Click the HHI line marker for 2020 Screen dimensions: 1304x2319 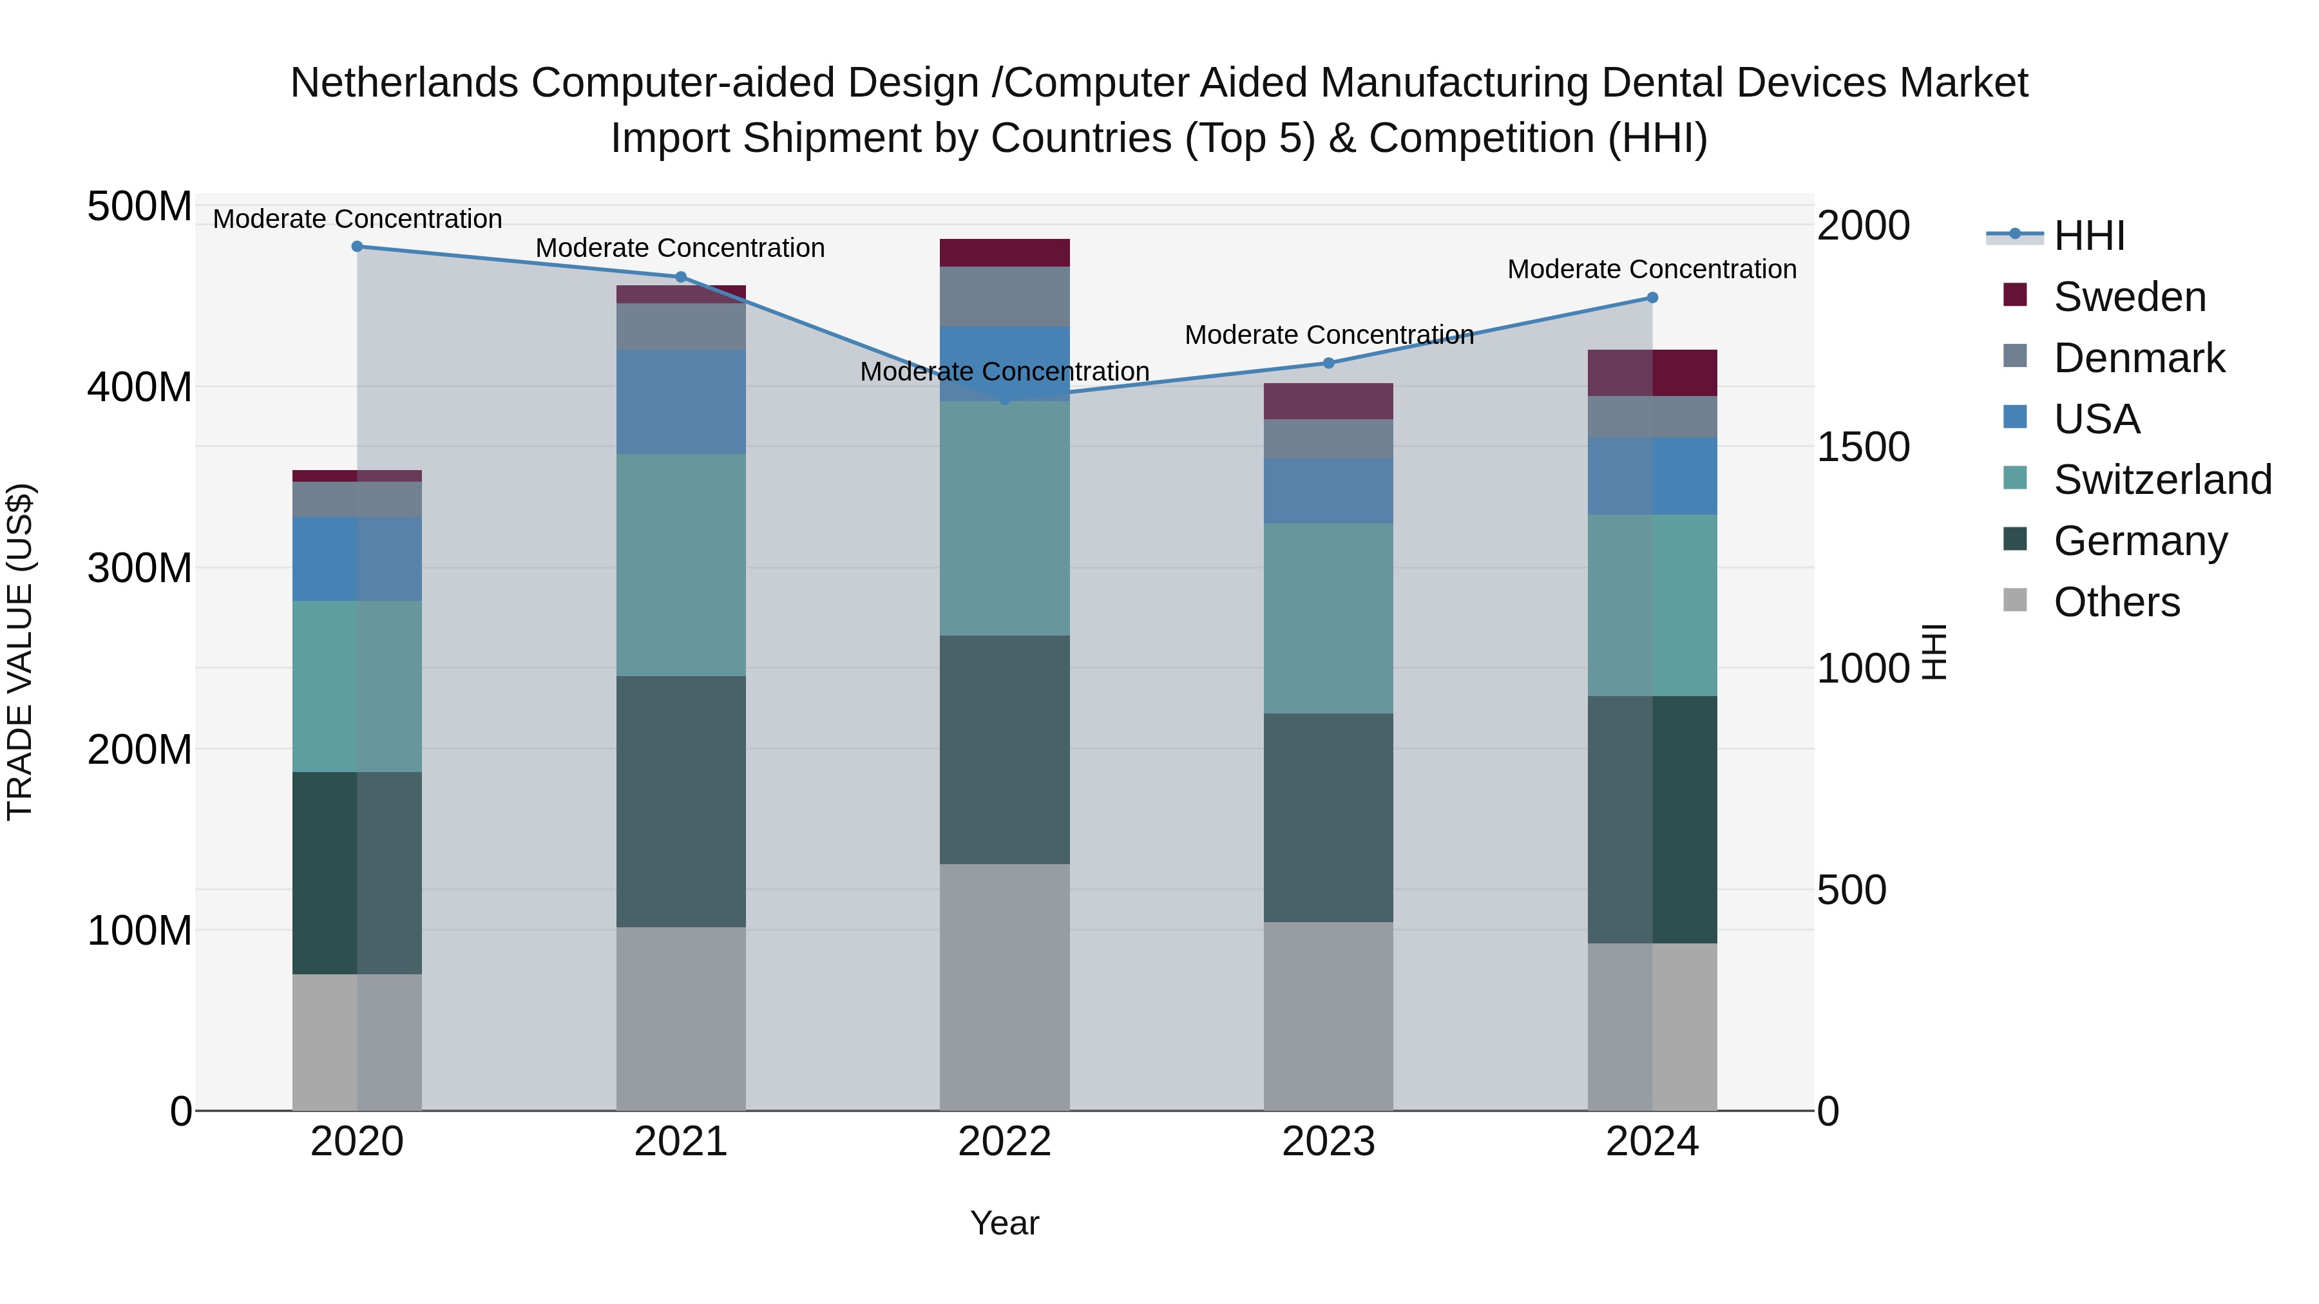tap(358, 246)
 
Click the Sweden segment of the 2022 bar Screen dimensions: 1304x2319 tap(1005, 253)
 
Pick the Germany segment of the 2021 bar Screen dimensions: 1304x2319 tap(681, 801)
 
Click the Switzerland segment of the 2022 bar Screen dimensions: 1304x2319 tap(1005, 518)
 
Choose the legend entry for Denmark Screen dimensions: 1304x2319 tap(2138, 358)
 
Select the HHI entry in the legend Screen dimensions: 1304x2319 tap(2088, 236)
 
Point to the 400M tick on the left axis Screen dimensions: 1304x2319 tap(140, 387)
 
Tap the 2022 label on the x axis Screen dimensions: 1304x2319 tap(1005, 1142)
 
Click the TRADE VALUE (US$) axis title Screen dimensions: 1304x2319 tap(20, 652)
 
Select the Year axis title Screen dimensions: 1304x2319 tap(1005, 1223)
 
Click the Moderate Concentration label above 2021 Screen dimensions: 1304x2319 tap(681, 247)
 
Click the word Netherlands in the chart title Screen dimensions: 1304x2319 tap(404, 83)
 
